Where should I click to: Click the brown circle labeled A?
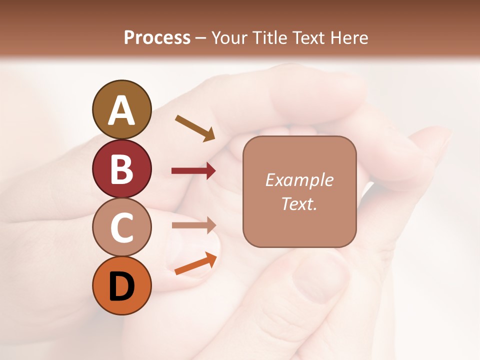pyautogui.click(x=121, y=109)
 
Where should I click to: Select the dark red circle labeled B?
pyautogui.click(x=121, y=168)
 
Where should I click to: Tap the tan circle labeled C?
pyautogui.click(x=121, y=227)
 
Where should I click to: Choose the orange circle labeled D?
pyautogui.click(x=121, y=286)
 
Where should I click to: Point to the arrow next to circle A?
pyautogui.click(x=195, y=128)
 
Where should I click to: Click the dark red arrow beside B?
pyautogui.click(x=193, y=171)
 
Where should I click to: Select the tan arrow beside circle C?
pyautogui.click(x=193, y=225)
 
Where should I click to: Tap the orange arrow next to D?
pyautogui.click(x=195, y=263)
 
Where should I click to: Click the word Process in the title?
pyautogui.click(x=157, y=37)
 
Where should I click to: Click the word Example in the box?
pyautogui.click(x=299, y=180)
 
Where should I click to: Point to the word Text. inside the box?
pyautogui.click(x=299, y=203)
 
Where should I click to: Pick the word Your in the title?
pyautogui.click(x=229, y=37)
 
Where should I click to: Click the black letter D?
pyautogui.click(x=121, y=286)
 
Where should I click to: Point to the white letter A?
pyautogui.click(x=121, y=110)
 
